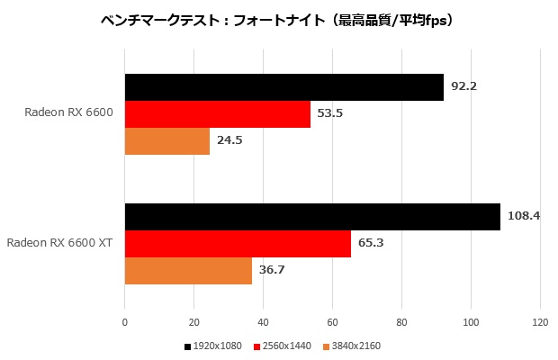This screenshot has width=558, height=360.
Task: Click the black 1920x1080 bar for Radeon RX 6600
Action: [283, 87]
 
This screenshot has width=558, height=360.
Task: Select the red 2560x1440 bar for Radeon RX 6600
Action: [217, 114]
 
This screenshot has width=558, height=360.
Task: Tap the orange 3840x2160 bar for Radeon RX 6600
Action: [166, 141]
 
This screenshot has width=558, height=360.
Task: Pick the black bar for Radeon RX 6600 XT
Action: [311, 217]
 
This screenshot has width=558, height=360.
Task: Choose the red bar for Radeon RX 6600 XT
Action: [238, 244]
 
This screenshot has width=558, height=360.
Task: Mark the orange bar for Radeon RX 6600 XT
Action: [188, 271]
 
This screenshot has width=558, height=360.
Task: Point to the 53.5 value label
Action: [329, 114]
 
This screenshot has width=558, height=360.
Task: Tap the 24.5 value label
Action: [229, 140]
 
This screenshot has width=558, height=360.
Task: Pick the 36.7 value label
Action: [271, 270]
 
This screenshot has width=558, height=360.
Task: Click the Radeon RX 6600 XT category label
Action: [59, 243]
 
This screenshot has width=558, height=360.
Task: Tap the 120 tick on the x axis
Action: [540, 321]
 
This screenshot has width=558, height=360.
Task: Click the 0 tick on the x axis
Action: [125, 321]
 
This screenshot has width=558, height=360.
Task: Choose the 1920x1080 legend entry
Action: [214, 346]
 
